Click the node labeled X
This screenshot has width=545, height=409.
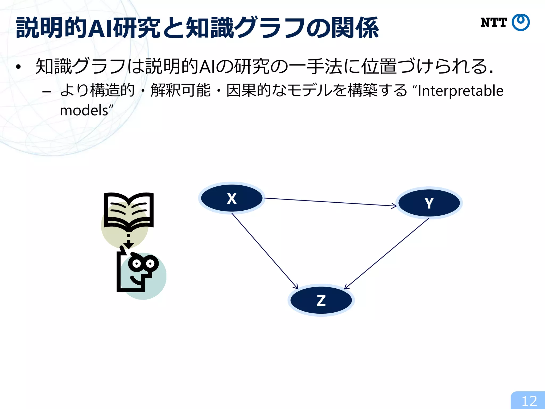coord(232,198)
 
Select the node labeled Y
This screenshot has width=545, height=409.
coord(429,203)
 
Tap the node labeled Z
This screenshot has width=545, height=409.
coord(321,300)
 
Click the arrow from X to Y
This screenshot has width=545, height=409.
coord(330,202)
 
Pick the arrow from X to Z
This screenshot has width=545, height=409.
coord(265,251)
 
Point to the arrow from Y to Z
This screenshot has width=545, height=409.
coord(387,253)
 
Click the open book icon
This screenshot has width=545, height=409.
coord(129,210)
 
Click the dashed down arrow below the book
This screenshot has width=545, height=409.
coord(129,241)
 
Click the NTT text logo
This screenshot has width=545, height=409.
coord(494,23)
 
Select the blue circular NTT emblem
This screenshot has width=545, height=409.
coord(521,23)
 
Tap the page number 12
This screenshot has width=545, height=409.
coord(529,401)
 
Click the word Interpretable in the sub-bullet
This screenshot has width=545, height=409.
coord(460,91)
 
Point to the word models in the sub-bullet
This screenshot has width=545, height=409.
coord(84,110)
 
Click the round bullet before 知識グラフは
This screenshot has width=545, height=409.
coord(18,67)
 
